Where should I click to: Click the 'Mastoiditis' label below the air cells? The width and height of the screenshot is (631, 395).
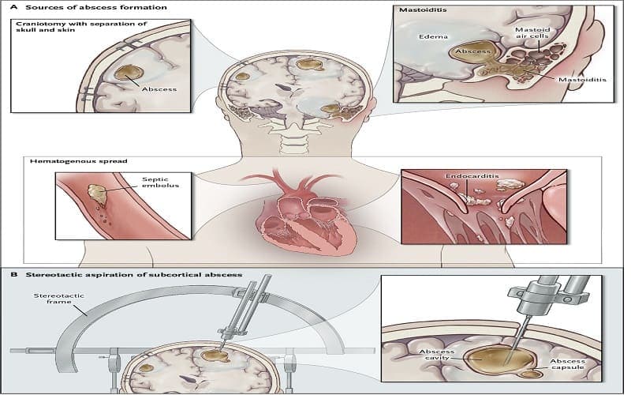click(x=581, y=80)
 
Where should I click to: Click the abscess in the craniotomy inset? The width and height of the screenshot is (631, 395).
click(x=125, y=76)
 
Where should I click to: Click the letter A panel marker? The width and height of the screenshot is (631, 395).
click(x=9, y=7)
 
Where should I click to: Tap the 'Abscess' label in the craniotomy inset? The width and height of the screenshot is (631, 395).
click(x=159, y=89)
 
